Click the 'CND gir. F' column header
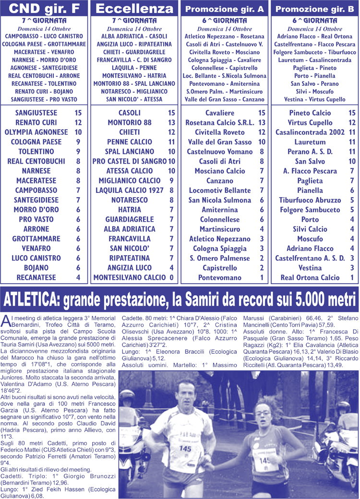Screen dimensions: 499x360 45,8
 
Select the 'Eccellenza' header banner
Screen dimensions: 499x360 134,8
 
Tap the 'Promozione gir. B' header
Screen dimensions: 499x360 314,9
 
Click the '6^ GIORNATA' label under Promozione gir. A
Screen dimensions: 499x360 224,21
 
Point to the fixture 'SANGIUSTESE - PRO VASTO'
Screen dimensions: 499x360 45,99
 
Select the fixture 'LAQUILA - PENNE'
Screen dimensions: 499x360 134,68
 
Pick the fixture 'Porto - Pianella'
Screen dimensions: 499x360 314,75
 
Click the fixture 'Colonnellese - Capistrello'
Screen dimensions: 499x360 224,68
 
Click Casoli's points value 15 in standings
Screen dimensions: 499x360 171,113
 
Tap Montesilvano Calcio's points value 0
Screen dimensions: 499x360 171,278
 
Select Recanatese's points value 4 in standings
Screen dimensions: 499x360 78,278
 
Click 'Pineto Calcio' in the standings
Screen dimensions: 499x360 309,113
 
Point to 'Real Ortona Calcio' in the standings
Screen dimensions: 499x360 310,278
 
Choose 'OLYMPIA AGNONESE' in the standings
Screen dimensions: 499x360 36,132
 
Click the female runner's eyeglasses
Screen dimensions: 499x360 262,413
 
